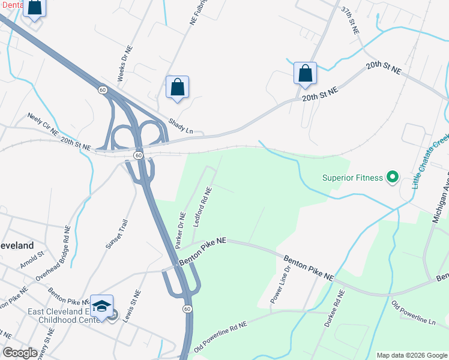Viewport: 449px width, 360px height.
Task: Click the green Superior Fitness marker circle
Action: tap(393, 177)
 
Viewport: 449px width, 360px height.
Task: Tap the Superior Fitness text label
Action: tap(352, 177)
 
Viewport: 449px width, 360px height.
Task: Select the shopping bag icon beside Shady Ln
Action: tap(178, 87)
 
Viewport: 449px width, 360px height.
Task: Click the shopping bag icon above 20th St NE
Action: tap(306, 73)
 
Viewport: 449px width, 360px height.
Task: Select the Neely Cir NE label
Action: tap(43, 124)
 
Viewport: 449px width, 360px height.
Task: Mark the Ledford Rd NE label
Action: tap(202, 207)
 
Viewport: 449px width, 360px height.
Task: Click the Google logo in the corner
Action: tap(20, 353)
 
